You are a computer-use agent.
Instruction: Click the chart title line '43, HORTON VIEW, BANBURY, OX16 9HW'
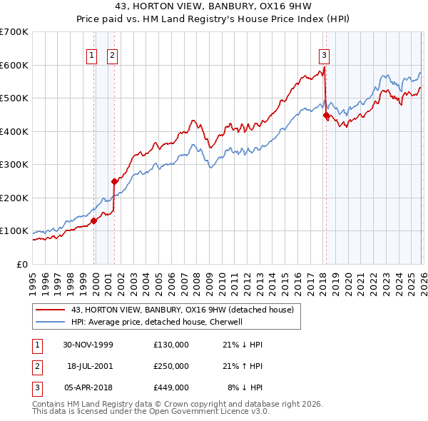[214, 6]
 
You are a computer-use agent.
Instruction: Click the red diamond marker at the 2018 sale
[326, 115]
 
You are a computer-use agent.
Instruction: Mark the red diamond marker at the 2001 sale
[114, 181]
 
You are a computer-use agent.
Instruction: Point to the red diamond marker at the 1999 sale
[94, 220]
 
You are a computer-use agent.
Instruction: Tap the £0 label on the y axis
[23, 264]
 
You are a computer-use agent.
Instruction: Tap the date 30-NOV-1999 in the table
[87, 345]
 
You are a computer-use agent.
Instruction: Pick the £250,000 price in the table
[171, 366]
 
